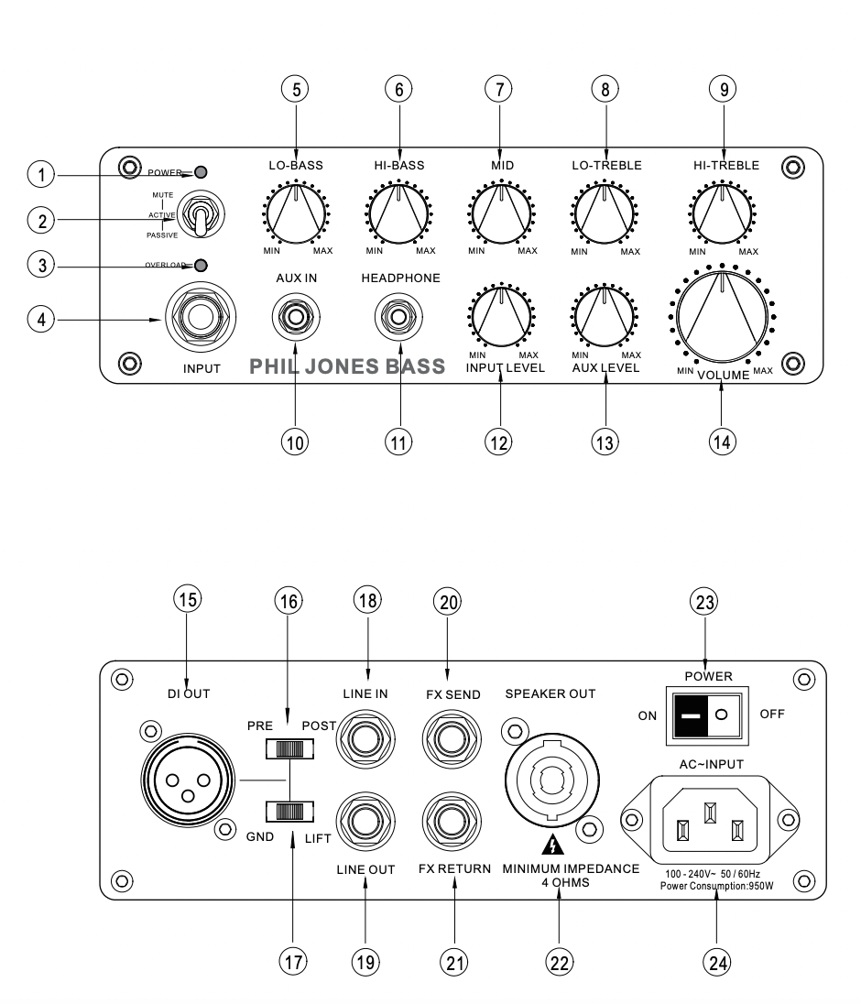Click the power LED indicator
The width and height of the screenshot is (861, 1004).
tap(201, 172)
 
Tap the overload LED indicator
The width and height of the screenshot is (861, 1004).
tap(201, 265)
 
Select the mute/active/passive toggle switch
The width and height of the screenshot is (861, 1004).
tap(201, 214)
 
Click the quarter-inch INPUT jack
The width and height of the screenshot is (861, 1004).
tap(201, 316)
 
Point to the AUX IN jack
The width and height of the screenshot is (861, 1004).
tap(296, 317)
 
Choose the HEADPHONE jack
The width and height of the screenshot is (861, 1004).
tap(398, 317)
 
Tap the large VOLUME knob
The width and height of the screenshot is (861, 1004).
tap(722, 316)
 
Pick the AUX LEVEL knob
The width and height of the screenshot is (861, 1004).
tap(605, 316)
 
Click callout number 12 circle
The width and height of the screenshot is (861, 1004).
tap(498, 442)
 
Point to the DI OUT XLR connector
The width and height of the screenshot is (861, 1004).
tap(188, 780)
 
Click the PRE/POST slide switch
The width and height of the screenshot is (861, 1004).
tap(289, 748)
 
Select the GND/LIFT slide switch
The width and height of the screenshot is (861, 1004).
tap(289, 811)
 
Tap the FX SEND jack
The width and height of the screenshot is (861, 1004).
tap(452, 739)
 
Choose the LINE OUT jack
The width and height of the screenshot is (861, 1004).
tap(365, 822)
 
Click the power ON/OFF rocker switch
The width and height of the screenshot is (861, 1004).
tap(707, 715)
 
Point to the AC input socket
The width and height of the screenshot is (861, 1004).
tap(710, 820)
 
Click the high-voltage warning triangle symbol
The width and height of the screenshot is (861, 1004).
tap(552, 846)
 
